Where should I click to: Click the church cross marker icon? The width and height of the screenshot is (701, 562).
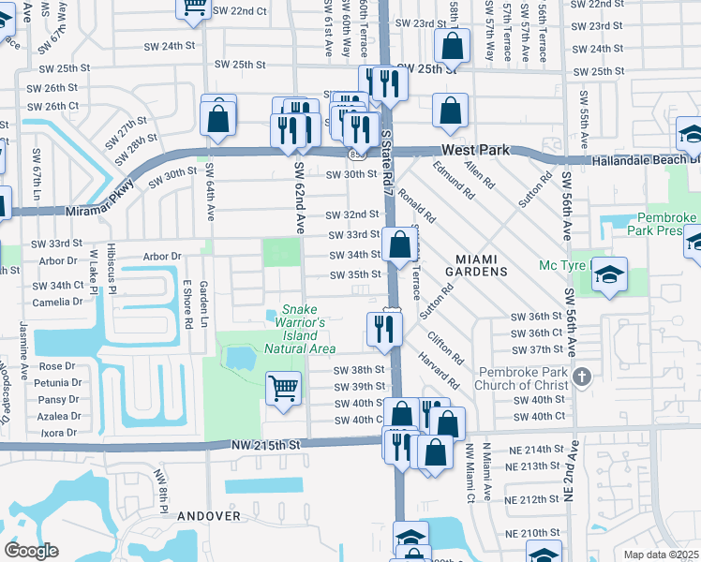coord(582,377)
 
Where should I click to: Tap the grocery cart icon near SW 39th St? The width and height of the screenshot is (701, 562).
coord(283,387)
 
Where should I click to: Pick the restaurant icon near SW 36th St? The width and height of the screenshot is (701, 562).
coord(384,328)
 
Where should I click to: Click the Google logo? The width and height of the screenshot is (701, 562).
coord(31,550)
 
